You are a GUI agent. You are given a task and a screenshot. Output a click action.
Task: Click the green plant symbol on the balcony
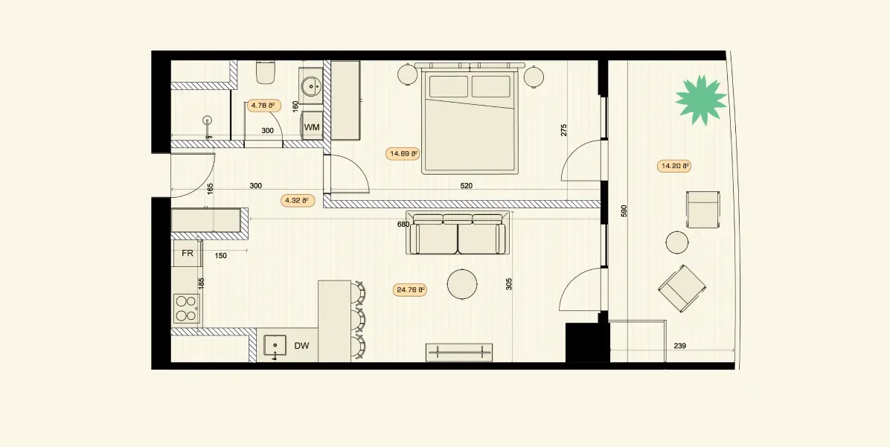701,100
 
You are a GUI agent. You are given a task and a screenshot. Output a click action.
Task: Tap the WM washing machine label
312,128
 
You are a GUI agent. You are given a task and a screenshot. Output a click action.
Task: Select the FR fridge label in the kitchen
188,254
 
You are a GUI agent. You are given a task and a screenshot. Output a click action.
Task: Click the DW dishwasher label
301,345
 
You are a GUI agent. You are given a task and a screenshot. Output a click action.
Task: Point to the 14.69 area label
403,154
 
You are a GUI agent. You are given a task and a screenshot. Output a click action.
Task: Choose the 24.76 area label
410,290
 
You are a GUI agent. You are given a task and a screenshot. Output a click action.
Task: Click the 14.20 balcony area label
674,166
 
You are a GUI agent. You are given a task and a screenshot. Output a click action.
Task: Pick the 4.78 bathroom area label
264,105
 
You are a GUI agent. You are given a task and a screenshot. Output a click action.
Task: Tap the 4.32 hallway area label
298,200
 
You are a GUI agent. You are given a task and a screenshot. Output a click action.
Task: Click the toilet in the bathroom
266,71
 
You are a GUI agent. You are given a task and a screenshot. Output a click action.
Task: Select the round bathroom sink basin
312,87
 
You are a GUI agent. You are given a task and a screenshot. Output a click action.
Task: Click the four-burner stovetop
186,309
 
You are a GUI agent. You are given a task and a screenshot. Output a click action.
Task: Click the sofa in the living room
457,234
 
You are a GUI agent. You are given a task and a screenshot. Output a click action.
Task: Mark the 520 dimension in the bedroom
466,185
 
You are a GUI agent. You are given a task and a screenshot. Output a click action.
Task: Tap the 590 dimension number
624,211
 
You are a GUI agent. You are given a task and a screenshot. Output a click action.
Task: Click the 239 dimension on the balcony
680,345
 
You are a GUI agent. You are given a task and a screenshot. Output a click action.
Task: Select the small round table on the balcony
677,242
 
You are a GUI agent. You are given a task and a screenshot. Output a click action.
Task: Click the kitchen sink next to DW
275,345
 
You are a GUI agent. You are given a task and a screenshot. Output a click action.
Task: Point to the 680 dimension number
403,224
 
